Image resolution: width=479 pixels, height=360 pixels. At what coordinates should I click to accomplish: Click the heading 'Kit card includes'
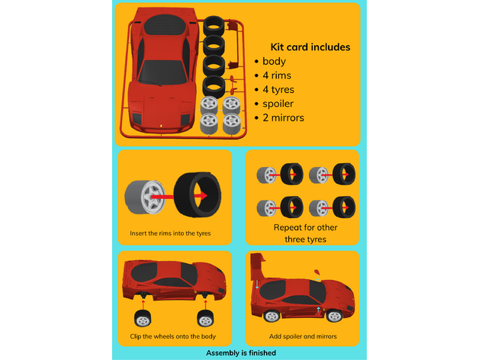pyautogui.click(x=310, y=47)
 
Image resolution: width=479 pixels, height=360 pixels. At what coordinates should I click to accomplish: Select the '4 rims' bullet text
pyautogui.click(x=277, y=76)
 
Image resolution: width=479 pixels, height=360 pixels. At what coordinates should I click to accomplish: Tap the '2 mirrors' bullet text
pyautogui.click(x=283, y=117)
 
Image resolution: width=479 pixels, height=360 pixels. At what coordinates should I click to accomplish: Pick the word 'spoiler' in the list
pyautogui.click(x=278, y=104)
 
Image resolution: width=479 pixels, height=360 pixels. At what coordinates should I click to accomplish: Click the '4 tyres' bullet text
pyautogui.click(x=278, y=90)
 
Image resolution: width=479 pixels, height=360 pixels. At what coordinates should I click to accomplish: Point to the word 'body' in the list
pyautogui.click(x=275, y=62)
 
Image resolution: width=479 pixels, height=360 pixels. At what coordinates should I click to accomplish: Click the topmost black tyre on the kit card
pyautogui.click(x=214, y=26)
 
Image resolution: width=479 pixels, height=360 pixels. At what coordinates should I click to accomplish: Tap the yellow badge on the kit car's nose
pyautogui.click(x=161, y=126)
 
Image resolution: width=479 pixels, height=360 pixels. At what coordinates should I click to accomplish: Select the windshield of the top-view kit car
pyautogui.click(x=162, y=72)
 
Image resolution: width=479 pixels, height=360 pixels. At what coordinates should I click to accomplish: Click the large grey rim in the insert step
pyautogui.click(x=145, y=197)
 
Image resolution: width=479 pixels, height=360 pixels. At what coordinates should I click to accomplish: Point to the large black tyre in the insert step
pyautogui.click(x=197, y=195)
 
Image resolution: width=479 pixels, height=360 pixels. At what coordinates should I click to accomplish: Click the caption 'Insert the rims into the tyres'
pyautogui.click(x=170, y=233)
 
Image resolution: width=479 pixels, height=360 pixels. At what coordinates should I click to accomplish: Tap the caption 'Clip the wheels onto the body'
pyautogui.click(x=173, y=336)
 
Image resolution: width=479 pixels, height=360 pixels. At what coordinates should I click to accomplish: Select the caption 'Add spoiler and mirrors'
pyautogui.click(x=303, y=336)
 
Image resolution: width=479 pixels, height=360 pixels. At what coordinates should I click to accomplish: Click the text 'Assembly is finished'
pyautogui.click(x=241, y=353)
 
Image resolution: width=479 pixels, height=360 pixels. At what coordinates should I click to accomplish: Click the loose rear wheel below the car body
pyautogui.click(x=143, y=318)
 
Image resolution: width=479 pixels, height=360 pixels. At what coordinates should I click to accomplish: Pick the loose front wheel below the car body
pyautogui.click(x=205, y=318)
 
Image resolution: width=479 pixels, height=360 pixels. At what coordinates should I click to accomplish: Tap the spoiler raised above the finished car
pyautogui.click(x=256, y=266)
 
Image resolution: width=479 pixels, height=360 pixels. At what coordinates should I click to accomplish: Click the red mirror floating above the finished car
pyautogui.click(x=317, y=272)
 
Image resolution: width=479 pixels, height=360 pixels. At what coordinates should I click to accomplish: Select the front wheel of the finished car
pyautogui.click(x=334, y=316)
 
